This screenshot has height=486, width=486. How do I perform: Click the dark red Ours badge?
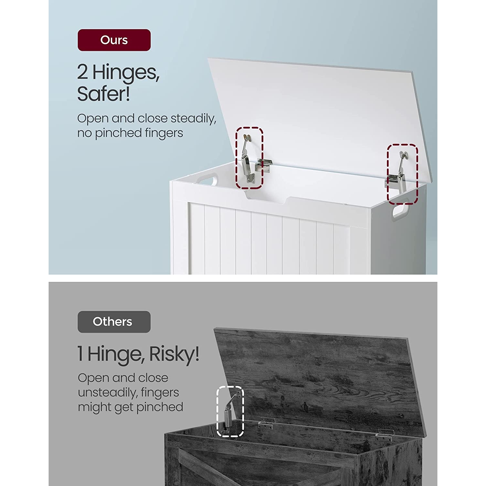click(x=114, y=40)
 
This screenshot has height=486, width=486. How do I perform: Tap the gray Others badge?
click(x=114, y=322)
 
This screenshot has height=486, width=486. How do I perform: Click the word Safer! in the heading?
click(x=104, y=94)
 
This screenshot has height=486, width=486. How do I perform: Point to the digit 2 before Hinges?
click(x=83, y=72)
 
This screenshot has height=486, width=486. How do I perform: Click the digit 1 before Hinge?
click(x=80, y=354)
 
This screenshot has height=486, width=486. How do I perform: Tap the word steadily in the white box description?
click(x=193, y=119)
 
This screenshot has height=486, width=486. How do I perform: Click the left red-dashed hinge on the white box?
click(x=249, y=158)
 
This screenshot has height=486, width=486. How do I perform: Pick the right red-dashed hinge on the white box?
click(x=402, y=174)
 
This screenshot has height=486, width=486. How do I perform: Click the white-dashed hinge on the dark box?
click(x=230, y=411)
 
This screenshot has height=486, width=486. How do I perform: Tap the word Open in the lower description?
click(x=93, y=378)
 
